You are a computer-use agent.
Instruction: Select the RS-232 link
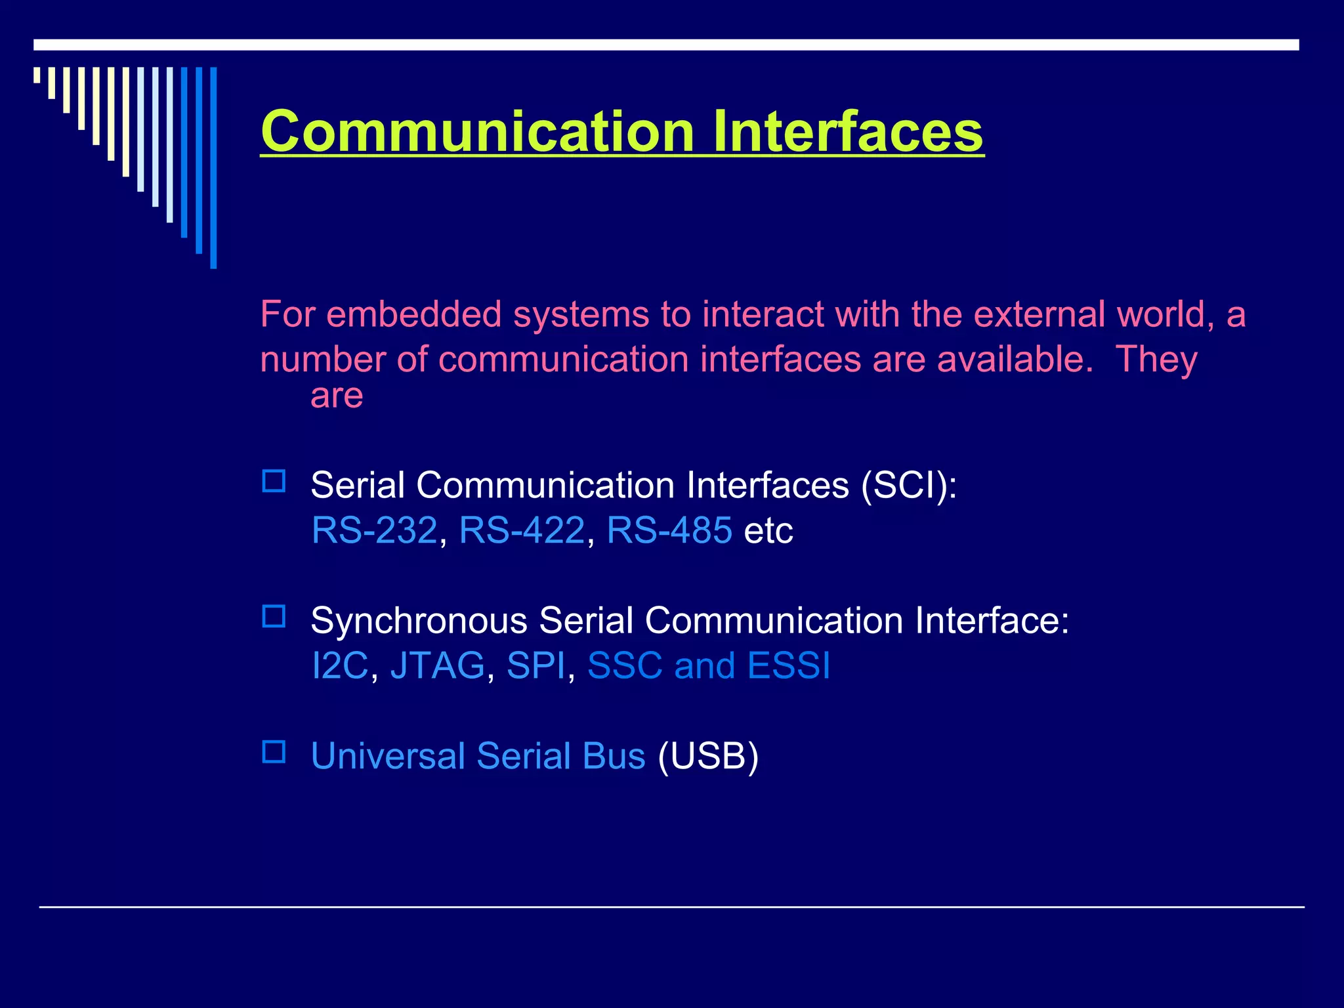click(374, 530)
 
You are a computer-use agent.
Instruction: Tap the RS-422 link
click(522, 530)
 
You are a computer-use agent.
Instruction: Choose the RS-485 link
click(669, 530)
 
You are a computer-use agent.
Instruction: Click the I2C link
click(339, 665)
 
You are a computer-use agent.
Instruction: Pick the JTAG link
click(437, 665)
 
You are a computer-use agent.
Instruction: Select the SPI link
click(535, 665)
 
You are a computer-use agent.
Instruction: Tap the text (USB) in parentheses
click(707, 756)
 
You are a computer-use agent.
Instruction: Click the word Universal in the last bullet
click(388, 756)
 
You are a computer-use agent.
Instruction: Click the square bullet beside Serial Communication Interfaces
click(274, 481)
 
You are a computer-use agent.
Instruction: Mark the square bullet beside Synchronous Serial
click(274, 616)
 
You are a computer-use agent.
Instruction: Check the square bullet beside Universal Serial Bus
click(274, 751)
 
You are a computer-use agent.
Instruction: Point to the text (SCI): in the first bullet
click(909, 486)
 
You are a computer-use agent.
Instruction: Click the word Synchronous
click(419, 621)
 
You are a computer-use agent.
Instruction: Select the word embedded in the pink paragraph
click(413, 314)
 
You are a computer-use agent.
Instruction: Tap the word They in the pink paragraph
click(1156, 360)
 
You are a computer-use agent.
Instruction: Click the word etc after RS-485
click(768, 530)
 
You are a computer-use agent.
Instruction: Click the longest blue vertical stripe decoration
click(213, 167)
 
